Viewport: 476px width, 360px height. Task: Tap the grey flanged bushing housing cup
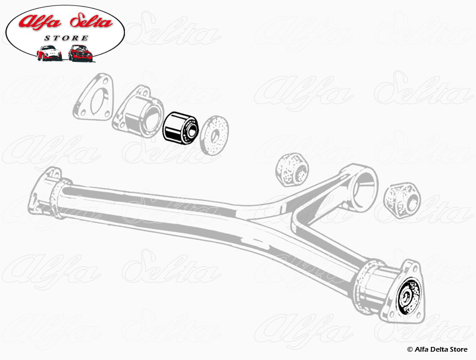[138, 113]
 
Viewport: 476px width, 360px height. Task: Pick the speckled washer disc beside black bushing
[215, 134]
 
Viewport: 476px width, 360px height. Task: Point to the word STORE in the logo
[66, 38]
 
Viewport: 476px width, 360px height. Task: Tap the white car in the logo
[49, 53]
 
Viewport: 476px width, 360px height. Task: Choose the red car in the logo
[81, 53]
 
